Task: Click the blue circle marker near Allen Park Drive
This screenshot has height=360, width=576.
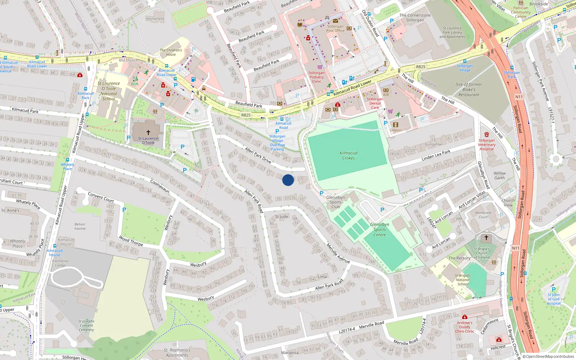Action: (x=288, y=180)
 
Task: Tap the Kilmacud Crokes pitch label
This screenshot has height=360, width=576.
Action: (x=348, y=156)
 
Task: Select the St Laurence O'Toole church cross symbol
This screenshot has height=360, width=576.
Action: (x=148, y=132)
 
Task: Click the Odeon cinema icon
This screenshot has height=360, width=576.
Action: (x=396, y=125)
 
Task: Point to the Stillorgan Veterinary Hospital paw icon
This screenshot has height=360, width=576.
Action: (x=487, y=135)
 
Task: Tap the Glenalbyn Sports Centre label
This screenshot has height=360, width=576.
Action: (x=379, y=230)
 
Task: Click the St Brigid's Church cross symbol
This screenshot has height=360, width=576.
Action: (x=486, y=238)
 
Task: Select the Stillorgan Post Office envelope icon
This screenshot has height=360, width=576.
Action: (x=336, y=21)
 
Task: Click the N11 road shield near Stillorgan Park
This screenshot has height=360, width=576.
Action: (x=519, y=97)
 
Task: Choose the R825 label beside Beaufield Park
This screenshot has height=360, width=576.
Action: (x=246, y=115)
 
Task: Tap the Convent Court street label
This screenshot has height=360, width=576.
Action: (x=101, y=197)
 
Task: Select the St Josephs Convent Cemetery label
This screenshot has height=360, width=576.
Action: (x=86, y=325)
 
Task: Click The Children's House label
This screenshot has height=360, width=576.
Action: (x=171, y=53)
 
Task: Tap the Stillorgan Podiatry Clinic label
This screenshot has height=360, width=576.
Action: (x=316, y=77)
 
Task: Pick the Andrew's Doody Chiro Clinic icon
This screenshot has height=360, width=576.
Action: (x=465, y=317)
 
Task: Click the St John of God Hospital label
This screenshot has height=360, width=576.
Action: (x=554, y=299)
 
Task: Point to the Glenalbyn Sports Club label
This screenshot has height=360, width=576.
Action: (x=336, y=202)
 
